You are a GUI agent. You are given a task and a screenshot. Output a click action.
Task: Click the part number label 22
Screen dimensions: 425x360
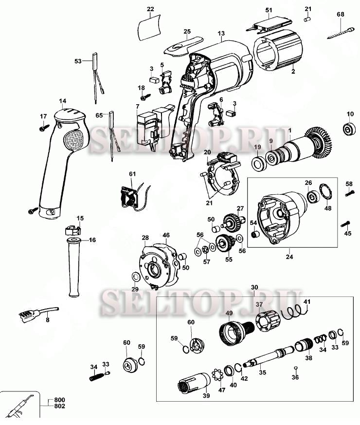(x=150, y=9)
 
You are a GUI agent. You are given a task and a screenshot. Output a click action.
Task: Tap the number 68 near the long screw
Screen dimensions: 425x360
(x=340, y=14)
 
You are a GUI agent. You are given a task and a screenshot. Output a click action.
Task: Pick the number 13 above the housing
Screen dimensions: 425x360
(x=221, y=34)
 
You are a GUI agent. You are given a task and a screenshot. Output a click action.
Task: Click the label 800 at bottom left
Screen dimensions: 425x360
(x=60, y=399)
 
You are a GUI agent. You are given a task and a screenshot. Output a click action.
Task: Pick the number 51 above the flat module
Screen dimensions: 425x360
(x=269, y=9)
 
